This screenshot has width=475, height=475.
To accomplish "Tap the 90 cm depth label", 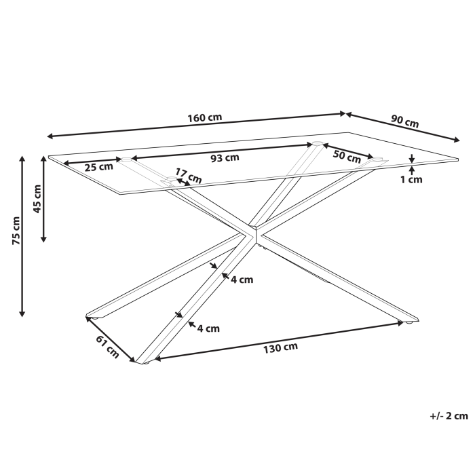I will coord(405,123).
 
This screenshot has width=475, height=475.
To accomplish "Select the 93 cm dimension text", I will coord(225,158).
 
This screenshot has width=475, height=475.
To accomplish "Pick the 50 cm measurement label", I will coord(347,155).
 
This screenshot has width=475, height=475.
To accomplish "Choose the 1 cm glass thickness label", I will coord(411,180).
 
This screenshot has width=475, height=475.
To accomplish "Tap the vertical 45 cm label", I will coord(38,198).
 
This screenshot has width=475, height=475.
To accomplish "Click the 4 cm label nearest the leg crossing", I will coord(242,280).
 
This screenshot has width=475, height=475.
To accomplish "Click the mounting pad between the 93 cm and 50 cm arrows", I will coord(316,144).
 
